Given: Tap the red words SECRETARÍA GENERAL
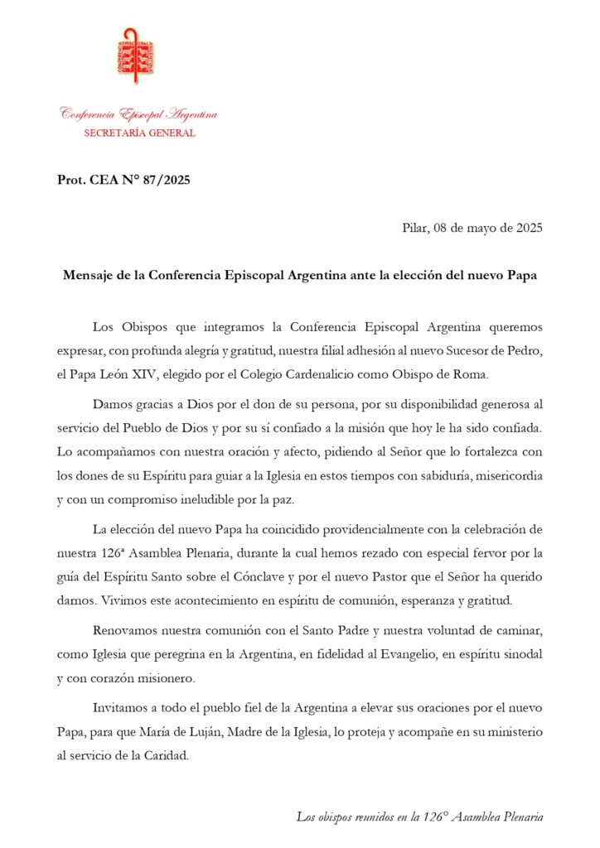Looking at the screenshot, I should tap(139, 133).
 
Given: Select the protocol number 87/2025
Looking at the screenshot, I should tap(166, 180).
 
